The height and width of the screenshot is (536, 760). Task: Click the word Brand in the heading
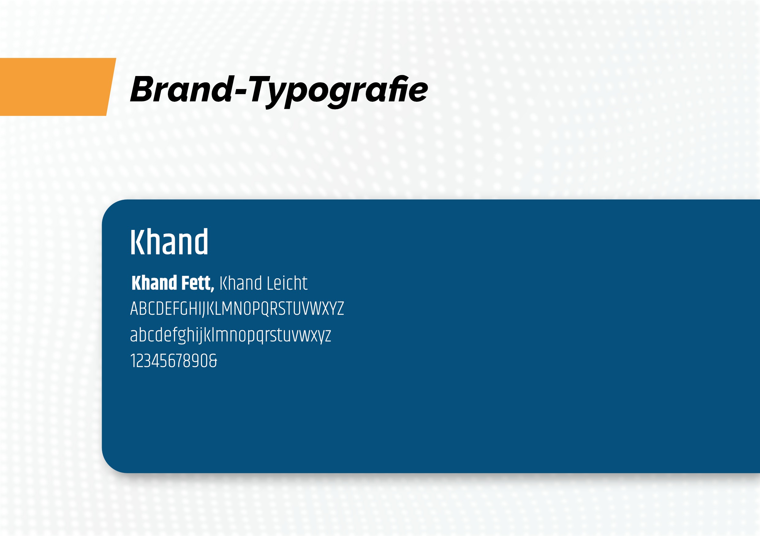point(182,89)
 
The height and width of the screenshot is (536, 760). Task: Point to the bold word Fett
point(196,283)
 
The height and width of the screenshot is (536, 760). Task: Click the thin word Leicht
point(287,283)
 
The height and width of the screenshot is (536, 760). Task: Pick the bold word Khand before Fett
point(154,283)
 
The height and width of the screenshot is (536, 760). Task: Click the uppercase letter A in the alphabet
point(134,309)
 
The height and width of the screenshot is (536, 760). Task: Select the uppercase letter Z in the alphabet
point(340,309)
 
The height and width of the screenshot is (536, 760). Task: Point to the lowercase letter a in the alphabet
point(133,336)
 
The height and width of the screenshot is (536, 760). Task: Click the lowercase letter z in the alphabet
point(328,336)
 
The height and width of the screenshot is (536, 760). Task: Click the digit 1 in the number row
point(132,361)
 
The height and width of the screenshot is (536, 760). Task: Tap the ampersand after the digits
point(213,361)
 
